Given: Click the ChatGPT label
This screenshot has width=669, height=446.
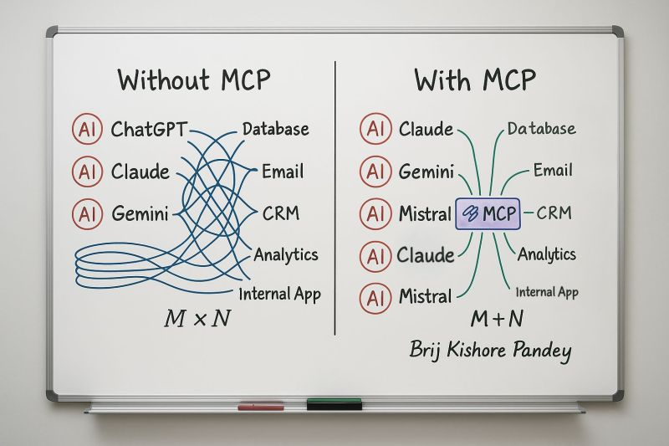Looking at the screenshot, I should pyautogui.click(x=149, y=130).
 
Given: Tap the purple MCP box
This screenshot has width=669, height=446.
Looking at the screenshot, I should pyautogui.click(x=488, y=214).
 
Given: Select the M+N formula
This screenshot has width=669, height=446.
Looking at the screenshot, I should pyautogui.click(x=496, y=319).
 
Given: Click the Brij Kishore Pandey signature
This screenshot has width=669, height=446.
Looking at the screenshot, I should pyautogui.click(x=490, y=350).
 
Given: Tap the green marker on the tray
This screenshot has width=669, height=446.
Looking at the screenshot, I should pyautogui.click(x=334, y=405).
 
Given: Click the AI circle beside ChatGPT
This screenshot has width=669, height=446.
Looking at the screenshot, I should pyautogui.click(x=87, y=130).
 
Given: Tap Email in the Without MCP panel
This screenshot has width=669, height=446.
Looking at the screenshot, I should pyautogui.click(x=282, y=172).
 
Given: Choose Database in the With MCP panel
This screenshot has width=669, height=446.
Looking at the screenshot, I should pyautogui.click(x=541, y=129).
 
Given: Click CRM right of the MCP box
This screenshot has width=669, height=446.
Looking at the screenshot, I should pyautogui.click(x=554, y=213).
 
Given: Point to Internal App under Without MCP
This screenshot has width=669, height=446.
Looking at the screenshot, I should pyautogui.click(x=279, y=294).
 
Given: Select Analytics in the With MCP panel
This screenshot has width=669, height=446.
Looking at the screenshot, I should pyautogui.click(x=547, y=253).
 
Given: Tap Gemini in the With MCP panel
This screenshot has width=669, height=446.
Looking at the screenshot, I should pyautogui.click(x=426, y=172).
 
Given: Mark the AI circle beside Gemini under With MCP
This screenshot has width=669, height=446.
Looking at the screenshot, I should pyautogui.click(x=375, y=172).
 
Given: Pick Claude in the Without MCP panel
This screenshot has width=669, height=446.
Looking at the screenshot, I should pyautogui.click(x=140, y=172).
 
